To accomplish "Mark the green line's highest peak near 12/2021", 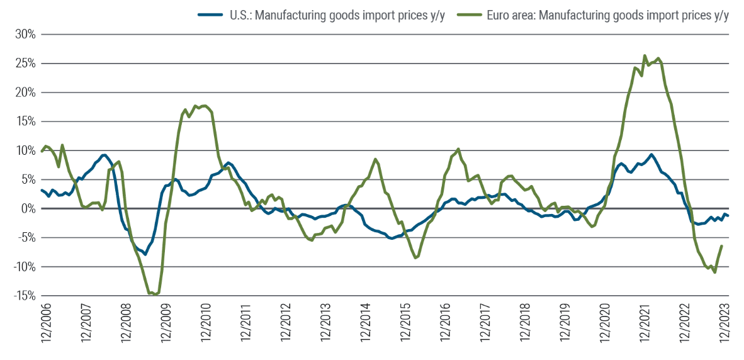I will pos(645,55).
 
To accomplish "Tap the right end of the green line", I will pos(721,246).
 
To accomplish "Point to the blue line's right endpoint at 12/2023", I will pos(728,216).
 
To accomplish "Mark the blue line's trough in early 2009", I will pos(145,254).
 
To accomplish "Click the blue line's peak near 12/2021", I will pos(651,154).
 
